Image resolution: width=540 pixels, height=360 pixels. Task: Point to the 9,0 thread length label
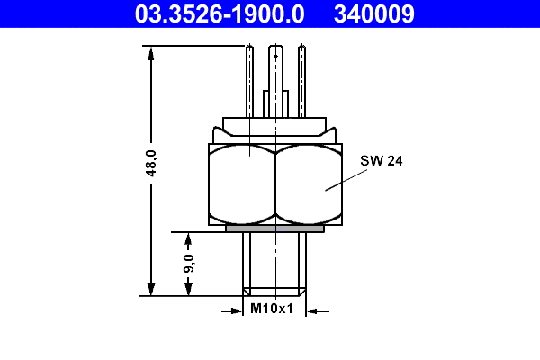[x=189, y=264]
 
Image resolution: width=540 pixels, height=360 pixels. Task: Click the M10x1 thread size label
[x=273, y=310]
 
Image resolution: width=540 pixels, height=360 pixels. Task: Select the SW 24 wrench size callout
[x=381, y=161]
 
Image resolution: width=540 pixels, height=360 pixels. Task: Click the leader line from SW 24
[x=346, y=178]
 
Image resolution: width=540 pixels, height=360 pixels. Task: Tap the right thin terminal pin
[x=303, y=81]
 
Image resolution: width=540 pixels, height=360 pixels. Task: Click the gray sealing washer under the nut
[x=274, y=229]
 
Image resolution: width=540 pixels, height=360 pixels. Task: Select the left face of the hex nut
[x=241, y=184]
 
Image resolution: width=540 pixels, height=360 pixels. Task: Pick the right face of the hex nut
[x=308, y=184]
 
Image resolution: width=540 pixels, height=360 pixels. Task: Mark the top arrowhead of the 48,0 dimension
[x=151, y=52]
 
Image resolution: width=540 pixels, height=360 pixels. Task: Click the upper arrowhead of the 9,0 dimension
[x=188, y=238]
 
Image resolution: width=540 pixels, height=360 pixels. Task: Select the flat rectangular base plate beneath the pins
[x=274, y=125]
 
